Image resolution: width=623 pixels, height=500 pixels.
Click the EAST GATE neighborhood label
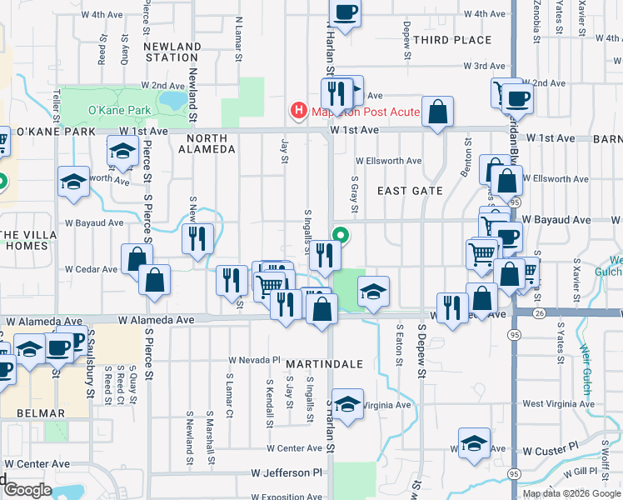click(x=410, y=191)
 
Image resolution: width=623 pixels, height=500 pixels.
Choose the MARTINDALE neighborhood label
click(x=324, y=364)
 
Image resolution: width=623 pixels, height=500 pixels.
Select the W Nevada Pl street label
click(x=255, y=360)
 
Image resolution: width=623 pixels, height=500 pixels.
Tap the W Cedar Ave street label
click(x=92, y=269)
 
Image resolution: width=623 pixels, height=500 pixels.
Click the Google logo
click(x=27, y=490)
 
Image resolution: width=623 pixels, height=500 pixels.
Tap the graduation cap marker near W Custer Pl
click(x=474, y=442)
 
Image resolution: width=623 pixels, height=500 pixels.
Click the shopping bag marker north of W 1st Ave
click(x=437, y=112)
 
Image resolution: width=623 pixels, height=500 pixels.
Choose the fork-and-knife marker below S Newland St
click(x=197, y=239)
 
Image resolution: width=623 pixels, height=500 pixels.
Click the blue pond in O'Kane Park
click(x=172, y=100)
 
